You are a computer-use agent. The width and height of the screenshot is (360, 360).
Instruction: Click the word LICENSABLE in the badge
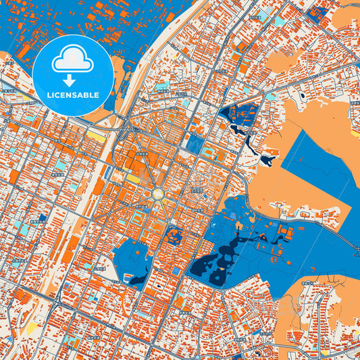pyautogui.click(x=74, y=95)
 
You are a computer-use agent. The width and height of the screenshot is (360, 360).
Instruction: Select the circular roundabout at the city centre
pyautogui.click(x=158, y=194)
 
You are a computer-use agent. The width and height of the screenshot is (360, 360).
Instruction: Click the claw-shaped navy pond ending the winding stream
pyautogui.click(x=269, y=159)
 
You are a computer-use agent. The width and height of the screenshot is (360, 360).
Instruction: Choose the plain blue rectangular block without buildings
pyautogui.click(x=195, y=143)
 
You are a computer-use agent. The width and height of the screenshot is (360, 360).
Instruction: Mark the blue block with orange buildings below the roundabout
pyautogui.click(x=174, y=236)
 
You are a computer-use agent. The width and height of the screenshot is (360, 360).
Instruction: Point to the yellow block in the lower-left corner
pyautogui.click(x=31, y=328)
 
